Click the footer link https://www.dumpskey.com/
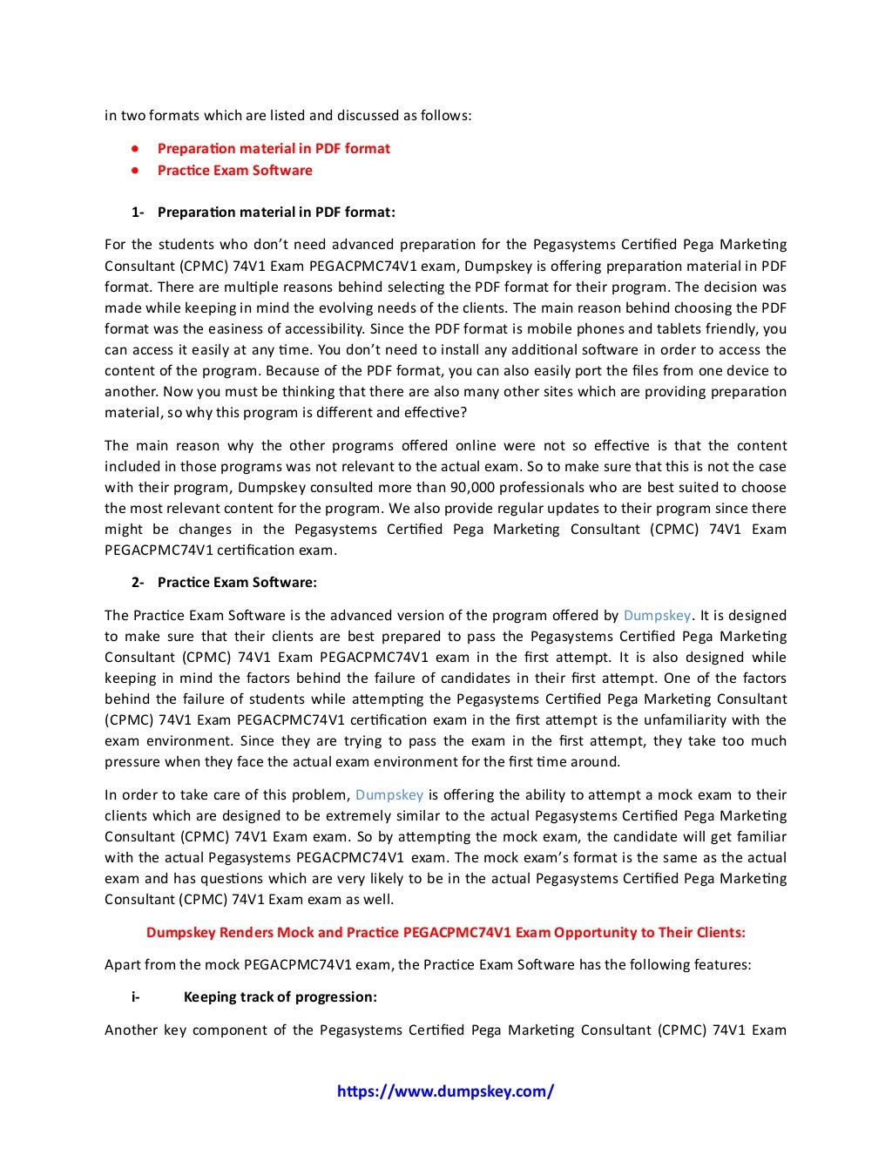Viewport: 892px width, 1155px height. click(445, 1091)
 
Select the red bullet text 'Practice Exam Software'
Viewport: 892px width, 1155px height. click(234, 170)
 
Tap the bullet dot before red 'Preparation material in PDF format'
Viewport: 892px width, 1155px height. click(135, 148)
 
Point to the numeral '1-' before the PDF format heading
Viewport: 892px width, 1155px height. click(138, 212)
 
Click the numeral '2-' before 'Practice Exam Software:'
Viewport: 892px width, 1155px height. click(138, 582)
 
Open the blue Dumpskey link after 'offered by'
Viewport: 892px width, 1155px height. click(657, 615)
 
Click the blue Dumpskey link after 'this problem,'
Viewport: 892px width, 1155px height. click(389, 794)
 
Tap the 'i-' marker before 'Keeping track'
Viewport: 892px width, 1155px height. click(136, 996)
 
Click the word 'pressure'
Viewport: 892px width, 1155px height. click(132, 761)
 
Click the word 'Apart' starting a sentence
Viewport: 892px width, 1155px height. click(123, 964)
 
